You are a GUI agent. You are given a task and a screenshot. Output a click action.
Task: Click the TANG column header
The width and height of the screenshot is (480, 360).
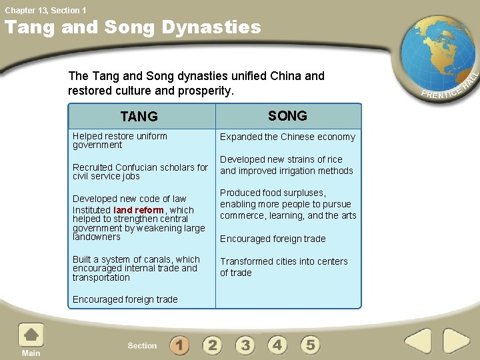point(139,117)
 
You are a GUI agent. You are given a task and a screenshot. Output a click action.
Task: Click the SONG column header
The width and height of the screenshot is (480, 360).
point(287,116)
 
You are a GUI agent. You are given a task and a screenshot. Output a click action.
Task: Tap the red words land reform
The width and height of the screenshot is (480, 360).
point(139,210)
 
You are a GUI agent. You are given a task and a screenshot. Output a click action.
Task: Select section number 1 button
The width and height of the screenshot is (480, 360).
point(179,345)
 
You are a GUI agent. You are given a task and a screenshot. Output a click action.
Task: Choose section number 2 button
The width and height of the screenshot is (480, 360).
point(212,345)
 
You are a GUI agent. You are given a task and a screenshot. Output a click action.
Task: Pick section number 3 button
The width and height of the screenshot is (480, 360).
point(245,345)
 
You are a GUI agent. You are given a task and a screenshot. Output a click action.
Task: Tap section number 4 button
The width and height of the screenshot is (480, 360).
point(277,345)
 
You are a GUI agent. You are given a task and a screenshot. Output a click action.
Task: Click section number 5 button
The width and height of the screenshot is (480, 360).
point(310,345)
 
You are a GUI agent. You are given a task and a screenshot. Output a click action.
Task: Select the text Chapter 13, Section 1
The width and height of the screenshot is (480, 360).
point(45,10)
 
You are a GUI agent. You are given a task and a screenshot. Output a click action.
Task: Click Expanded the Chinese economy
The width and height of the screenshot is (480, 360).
point(287,137)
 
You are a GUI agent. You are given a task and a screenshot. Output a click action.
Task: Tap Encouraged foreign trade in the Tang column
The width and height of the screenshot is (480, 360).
point(125,299)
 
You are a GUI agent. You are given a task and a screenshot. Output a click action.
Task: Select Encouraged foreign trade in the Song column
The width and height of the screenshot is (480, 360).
point(273,239)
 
